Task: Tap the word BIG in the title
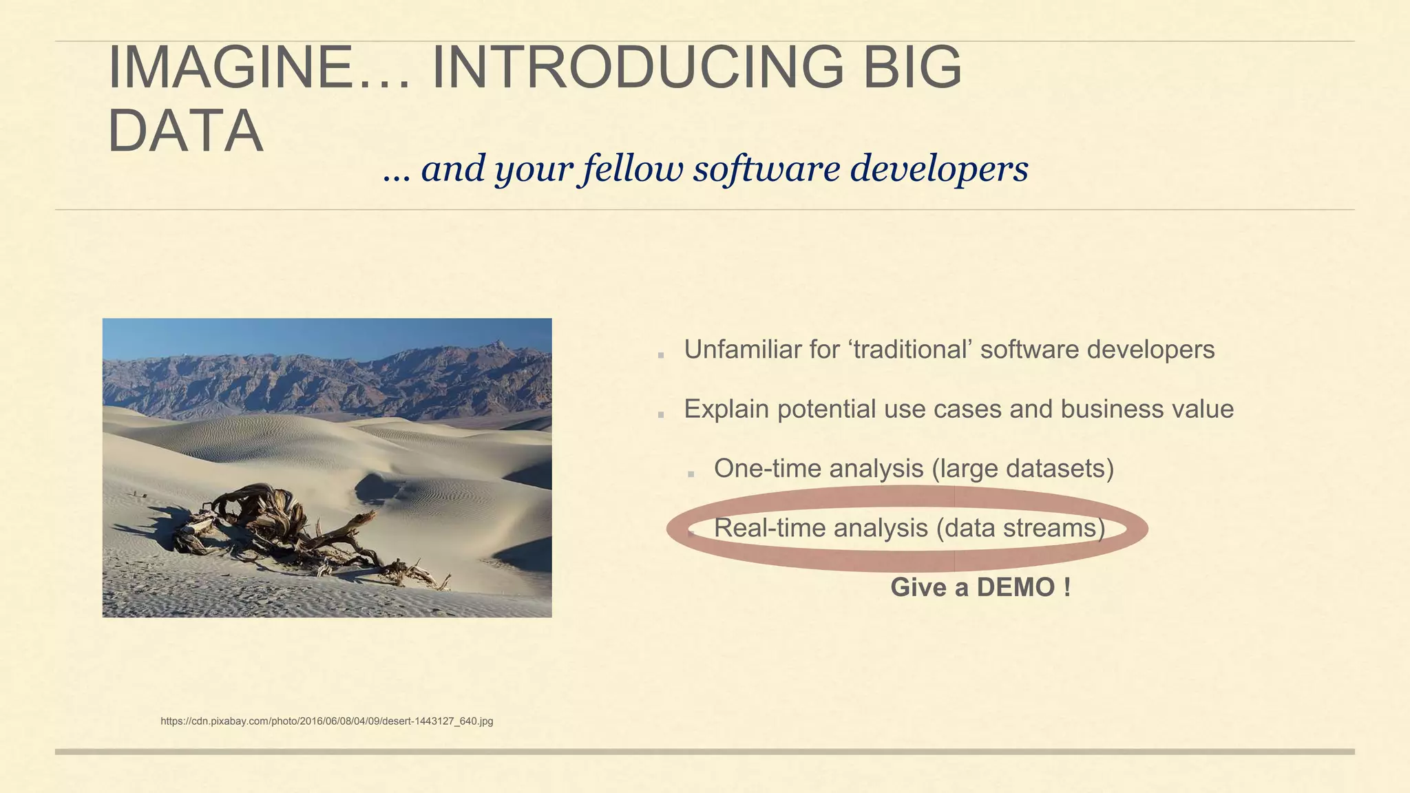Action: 912,67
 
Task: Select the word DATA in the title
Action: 186,131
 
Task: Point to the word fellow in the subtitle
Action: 633,169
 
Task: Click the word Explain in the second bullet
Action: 726,410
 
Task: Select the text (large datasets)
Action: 1022,469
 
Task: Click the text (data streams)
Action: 1020,528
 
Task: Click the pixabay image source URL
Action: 327,721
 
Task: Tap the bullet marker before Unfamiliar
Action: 661,355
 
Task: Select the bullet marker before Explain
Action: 661,414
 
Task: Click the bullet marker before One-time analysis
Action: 691,474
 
